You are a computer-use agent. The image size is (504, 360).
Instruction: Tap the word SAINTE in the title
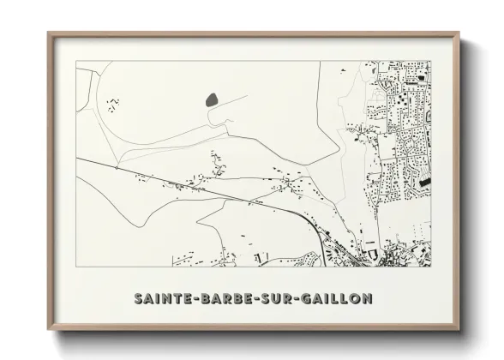[163, 299]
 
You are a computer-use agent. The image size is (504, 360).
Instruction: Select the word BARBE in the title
[222, 299]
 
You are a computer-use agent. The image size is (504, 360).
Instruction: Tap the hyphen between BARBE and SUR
[252, 299]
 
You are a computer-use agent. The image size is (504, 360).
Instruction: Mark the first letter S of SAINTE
[138, 299]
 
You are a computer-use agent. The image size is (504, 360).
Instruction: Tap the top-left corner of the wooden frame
[48, 33]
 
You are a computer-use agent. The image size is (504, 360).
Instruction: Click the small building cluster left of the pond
[112, 105]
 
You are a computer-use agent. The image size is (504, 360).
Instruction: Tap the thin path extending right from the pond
[236, 95]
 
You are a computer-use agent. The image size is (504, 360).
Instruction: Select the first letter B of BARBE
[205, 299]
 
